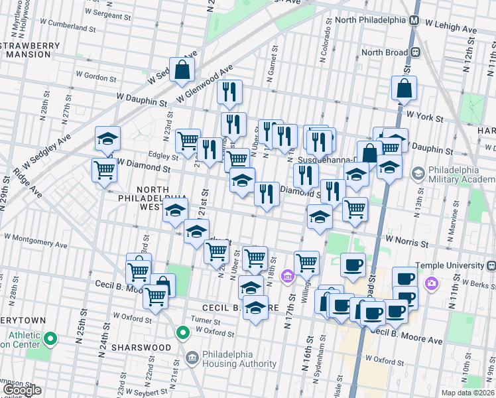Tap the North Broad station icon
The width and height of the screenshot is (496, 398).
[x=416, y=52]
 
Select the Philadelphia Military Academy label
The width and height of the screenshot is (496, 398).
[x=458, y=174]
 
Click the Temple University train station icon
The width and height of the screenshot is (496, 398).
[x=432, y=284]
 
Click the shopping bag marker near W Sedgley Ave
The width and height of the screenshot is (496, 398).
[x=182, y=70]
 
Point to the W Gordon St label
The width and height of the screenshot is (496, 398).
[x=96, y=77]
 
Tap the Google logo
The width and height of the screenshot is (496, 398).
[x=22, y=391]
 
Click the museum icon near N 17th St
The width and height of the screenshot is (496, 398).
[x=288, y=275]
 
